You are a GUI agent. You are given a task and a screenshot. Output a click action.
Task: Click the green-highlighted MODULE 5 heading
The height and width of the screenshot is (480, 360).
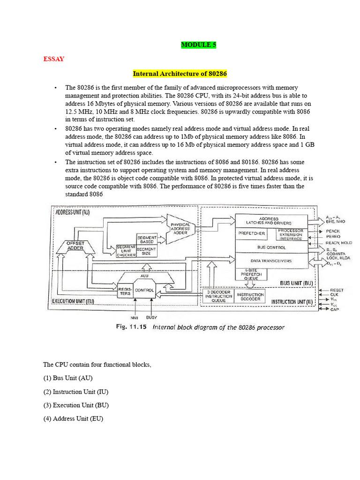(x=199, y=45)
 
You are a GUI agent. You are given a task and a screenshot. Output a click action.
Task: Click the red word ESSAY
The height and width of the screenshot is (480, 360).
(x=53, y=59)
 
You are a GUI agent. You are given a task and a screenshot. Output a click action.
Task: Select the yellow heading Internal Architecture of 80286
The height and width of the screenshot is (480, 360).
(x=180, y=74)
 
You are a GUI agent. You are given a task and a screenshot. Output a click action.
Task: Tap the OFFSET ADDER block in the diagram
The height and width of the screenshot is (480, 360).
(x=75, y=246)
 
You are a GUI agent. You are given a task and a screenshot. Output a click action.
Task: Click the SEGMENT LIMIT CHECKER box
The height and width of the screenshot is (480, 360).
(x=126, y=251)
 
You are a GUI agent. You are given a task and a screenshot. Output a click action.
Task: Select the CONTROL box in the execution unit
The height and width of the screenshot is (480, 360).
(x=144, y=290)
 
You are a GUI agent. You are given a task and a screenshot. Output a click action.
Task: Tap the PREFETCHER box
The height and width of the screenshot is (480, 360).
(x=252, y=233)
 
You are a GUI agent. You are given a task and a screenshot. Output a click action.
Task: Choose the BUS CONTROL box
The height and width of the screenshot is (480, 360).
(x=271, y=247)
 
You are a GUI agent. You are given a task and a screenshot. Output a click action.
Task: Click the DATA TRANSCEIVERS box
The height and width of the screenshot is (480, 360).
(x=271, y=261)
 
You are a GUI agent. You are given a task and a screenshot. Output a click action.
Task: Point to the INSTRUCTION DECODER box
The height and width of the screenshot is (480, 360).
(x=250, y=297)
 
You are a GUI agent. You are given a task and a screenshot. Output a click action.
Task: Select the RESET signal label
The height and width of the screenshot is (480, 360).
(x=337, y=290)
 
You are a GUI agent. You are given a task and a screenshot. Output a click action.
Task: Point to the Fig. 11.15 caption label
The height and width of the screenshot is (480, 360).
(x=132, y=327)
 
